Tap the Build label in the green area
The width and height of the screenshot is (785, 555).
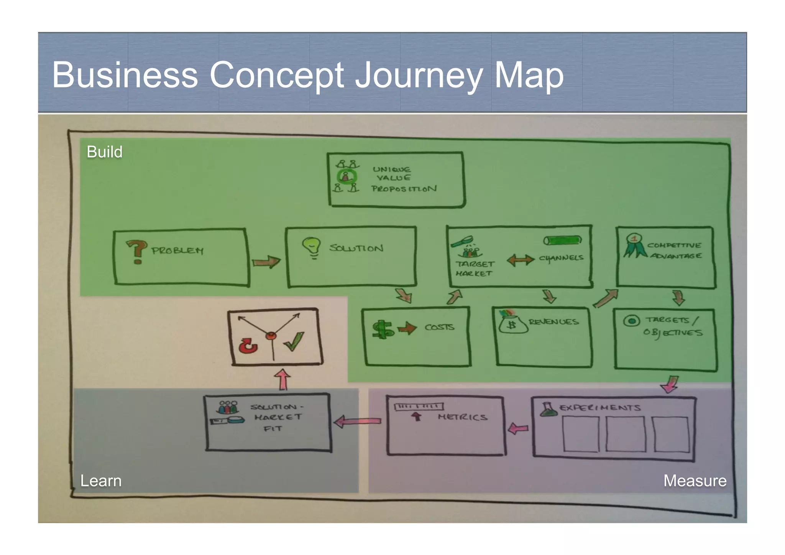coord(104,152)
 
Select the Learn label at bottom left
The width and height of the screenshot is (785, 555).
coord(101,481)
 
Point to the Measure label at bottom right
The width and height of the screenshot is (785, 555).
coord(695,481)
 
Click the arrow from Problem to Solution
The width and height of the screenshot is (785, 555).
coord(266,262)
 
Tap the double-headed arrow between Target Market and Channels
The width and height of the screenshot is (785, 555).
coord(520,260)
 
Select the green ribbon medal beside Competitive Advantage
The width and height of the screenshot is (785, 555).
coord(633,245)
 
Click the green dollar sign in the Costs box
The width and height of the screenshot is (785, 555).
coord(383,329)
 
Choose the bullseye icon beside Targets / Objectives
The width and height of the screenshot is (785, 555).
coord(631,320)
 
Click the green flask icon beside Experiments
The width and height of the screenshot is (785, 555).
coord(549,410)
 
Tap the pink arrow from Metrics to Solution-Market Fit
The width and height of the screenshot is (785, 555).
coord(357,422)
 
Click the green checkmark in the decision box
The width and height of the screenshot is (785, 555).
coord(294,341)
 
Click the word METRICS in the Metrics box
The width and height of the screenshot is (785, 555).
coord(463,417)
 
